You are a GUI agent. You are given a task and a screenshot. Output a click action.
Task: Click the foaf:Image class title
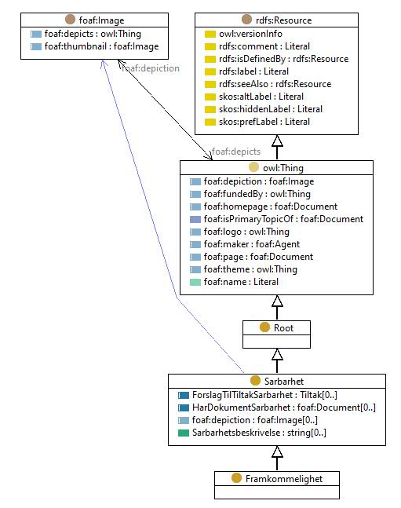click(101, 20)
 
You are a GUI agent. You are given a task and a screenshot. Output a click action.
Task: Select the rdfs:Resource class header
click(283, 20)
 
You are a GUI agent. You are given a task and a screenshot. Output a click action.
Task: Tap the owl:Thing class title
click(283, 168)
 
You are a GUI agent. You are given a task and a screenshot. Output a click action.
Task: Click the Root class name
click(283, 328)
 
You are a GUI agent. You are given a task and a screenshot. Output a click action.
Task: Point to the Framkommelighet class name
click(284, 478)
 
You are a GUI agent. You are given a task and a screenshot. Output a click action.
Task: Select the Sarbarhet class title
click(284, 382)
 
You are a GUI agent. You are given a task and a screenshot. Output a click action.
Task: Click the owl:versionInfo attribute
click(250, 34)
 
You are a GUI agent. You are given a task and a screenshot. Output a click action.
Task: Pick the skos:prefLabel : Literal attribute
click(264, 122)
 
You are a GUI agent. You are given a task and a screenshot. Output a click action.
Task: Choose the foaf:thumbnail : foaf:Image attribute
click(101, 46)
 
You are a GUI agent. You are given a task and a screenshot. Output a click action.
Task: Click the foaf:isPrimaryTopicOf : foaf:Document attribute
click(283, 219)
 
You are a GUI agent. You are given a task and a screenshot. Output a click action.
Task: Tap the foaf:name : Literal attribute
click(241, 282)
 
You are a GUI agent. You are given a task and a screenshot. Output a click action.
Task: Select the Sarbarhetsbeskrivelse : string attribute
click(259, 433)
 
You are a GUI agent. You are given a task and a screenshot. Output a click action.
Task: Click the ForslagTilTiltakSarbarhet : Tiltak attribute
click(264, 395)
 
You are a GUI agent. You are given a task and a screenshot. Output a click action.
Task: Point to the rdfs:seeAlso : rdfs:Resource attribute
click(275, 84)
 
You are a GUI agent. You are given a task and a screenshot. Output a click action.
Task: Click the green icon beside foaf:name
click(195, 282)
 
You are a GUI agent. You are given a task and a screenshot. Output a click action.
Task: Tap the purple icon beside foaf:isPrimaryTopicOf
click(195, 219)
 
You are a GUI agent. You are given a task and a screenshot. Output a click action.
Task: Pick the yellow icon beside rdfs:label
click(210, 71)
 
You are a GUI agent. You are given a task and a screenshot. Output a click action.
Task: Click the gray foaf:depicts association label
click(235, 152)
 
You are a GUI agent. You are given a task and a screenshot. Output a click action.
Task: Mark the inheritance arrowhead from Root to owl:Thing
click(277, 301)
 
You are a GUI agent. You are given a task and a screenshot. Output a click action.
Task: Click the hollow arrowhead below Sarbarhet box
click(277, 451)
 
